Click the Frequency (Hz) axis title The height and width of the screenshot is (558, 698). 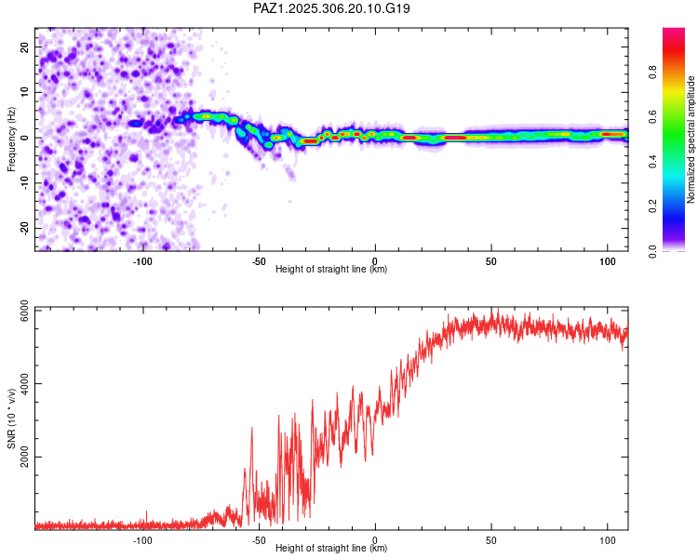click(x=11, y=139)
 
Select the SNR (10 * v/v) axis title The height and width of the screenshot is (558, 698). click(x=11, y=418)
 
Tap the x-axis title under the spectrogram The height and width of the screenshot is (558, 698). click(x=331, y=270)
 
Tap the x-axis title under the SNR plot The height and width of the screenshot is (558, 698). click(x=331, y=549)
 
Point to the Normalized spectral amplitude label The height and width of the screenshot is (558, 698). click(x=691, y=139)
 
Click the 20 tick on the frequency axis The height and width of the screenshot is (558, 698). click(x=25, y=46)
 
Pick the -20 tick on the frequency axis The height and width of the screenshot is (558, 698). click(x=23, y=228)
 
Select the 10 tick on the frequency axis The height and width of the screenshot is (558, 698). click(x=25, y=92)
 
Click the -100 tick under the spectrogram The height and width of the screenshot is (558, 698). click(x=142, y=261)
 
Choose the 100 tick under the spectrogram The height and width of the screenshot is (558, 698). click(x=607, y=261)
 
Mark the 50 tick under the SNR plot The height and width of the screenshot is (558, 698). click(x=490, y=540)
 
